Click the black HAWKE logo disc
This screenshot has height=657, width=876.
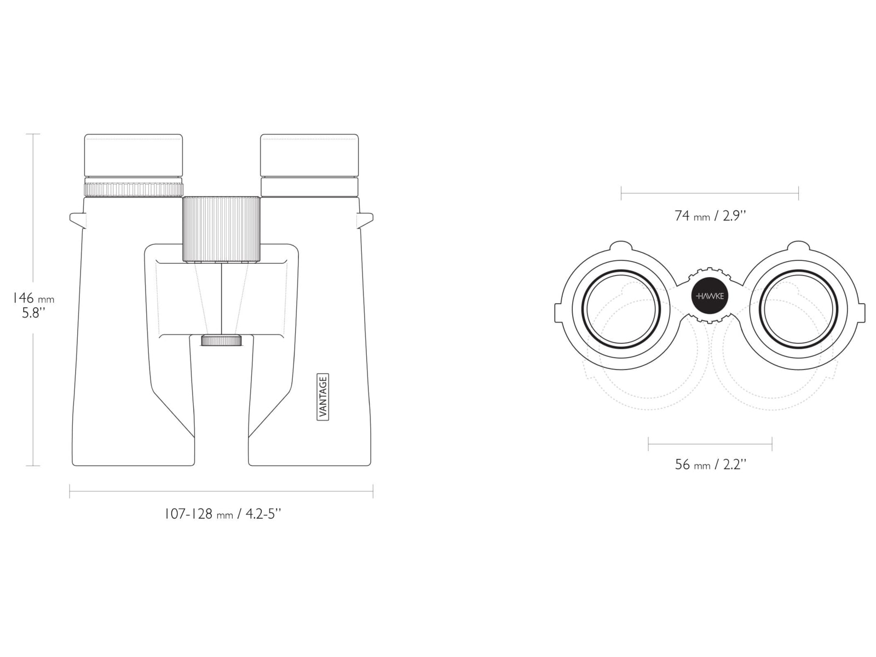[710, 296]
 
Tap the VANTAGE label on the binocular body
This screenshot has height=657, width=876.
[323, 397]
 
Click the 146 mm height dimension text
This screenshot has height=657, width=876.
[33, 298]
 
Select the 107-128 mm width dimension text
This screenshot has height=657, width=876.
[223, 514]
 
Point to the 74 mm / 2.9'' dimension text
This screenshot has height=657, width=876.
[710, 216]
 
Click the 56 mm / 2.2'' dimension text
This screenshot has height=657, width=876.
[710, 465]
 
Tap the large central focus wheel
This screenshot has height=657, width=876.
[222, 229]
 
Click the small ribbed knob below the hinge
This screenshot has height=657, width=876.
[222, 340]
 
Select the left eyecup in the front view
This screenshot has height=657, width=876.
[134, 155]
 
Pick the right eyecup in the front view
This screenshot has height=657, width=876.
[309, 155]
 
